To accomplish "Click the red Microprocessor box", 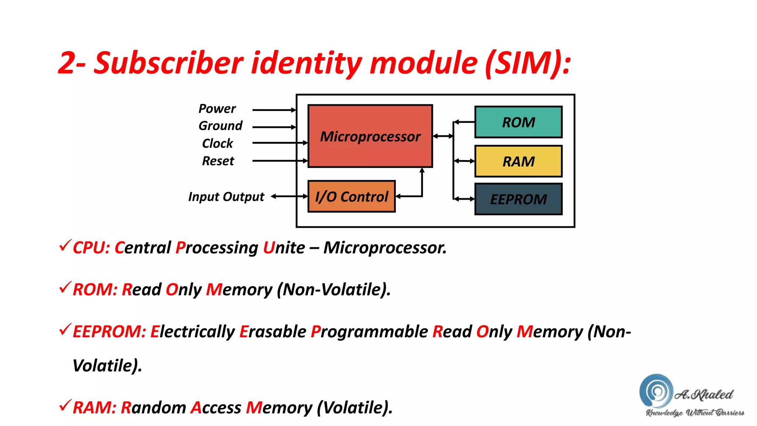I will tap(370, 136).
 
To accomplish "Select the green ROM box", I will tap(518, 122).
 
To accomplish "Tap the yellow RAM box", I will tap(518, 161).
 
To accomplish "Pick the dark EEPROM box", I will tap(518, 199).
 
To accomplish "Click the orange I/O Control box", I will tap(351, 196).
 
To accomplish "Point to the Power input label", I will tap(217, 109).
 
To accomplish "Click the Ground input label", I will tap(220, 126).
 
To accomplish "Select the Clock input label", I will tap(217, 143).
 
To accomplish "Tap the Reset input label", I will tap(218, 161).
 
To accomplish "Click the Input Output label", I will tap(226, 197).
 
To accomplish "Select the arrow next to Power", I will tap(274, 110).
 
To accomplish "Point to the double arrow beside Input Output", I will tap(289, 196).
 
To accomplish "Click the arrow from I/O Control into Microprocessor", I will tap(422, 183).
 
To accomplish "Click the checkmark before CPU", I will tap(65, 246).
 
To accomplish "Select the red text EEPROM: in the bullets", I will tap(109, 331).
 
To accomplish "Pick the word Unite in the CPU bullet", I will tap(284, 248).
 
